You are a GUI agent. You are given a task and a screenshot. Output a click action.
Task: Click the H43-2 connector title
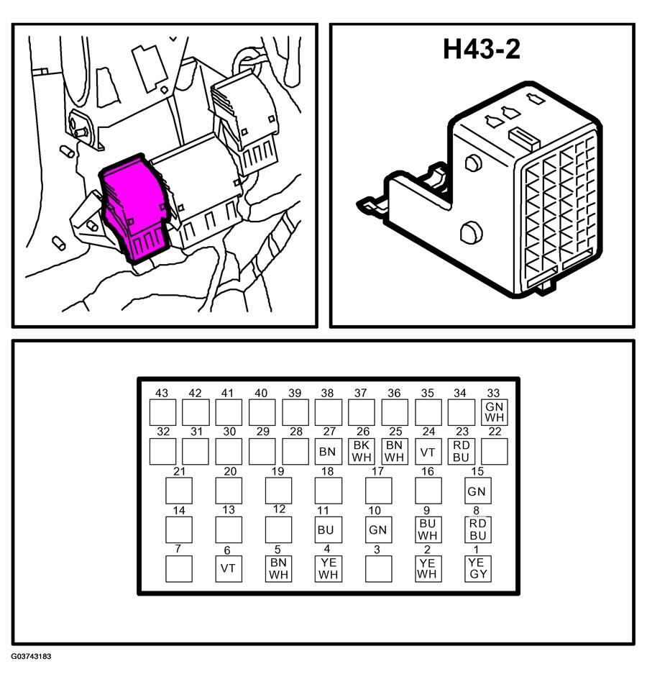[x=481, y=49]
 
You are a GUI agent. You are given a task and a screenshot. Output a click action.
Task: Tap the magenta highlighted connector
[x=134, y=209]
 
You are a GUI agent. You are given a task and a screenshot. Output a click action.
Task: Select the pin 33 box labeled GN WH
[x=494, y=412]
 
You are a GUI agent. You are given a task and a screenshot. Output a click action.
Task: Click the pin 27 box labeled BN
[x=328, y=452]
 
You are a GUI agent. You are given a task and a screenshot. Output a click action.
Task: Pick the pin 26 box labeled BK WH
[x=361, y=452]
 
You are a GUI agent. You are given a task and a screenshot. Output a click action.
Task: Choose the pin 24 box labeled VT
[x=428, y=452]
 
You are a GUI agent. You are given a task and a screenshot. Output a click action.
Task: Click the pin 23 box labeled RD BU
[x=461, y=452]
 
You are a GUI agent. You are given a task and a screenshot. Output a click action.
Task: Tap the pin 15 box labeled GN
[x=477, y=491]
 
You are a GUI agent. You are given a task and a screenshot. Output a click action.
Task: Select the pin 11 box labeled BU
[x=328, y=529]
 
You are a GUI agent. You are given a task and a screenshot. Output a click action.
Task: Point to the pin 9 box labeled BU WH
[x=428, y=529]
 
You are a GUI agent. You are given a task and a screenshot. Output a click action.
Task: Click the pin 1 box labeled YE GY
[x=477, y=569]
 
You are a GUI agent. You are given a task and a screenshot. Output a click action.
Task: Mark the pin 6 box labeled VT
[x=229, y=569]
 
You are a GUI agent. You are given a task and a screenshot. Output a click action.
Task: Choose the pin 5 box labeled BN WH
[x=278, y=569]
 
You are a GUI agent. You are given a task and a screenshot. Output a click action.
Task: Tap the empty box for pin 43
[x=162, y=412]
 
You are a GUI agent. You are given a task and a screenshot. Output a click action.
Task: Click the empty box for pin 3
[x=378, y=569]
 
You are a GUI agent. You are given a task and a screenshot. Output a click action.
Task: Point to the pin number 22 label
[x=495, y=432]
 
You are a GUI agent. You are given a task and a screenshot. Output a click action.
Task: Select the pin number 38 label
[x=327, y=394]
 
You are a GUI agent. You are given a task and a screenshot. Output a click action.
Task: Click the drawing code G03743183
[x=32, y=656]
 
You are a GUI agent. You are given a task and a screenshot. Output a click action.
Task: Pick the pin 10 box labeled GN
[x=378, y=529]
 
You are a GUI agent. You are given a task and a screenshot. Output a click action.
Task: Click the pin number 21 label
[x=179, y=471]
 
